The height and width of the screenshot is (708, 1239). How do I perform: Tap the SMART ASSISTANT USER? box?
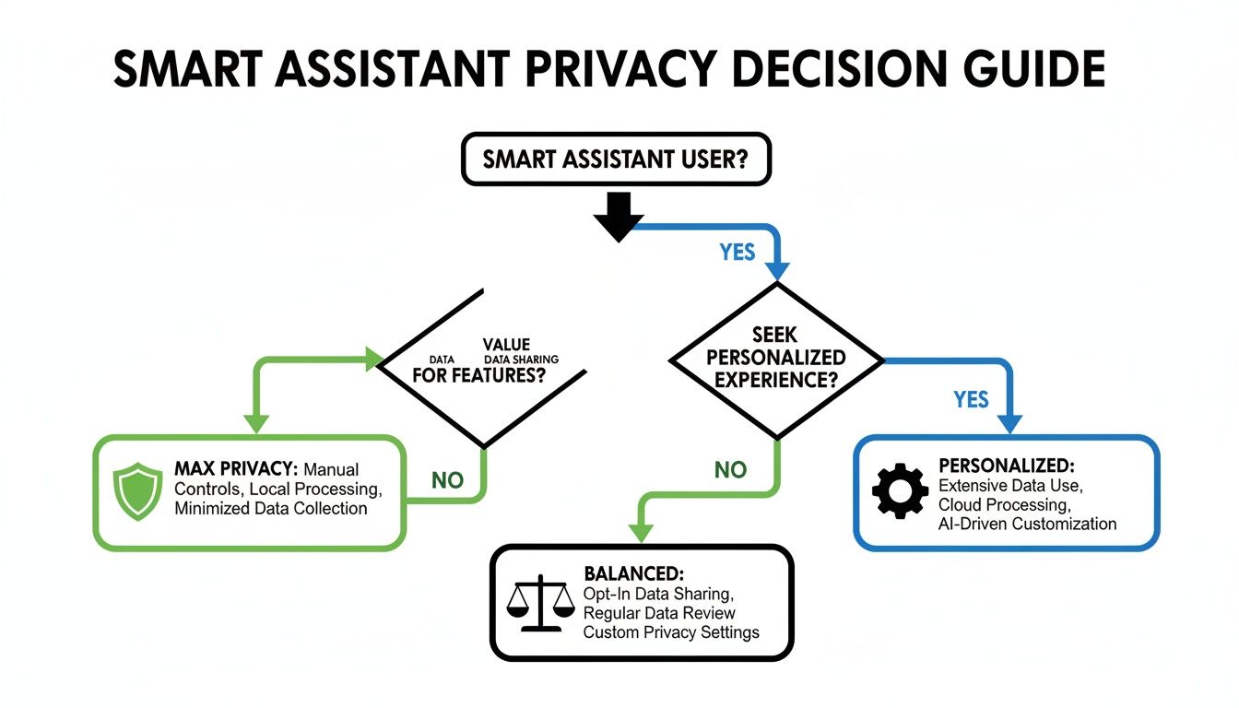point(615,159)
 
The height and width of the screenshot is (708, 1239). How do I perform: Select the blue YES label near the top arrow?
point(737,252)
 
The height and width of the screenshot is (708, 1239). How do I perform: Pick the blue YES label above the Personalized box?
point(971,399)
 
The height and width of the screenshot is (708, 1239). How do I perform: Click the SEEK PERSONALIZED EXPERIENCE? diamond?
point(776,357)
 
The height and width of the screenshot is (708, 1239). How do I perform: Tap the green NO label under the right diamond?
point(730,470)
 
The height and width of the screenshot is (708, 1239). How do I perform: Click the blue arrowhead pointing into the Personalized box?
point(1011,424)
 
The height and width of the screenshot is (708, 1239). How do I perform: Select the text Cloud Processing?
point(1003,504)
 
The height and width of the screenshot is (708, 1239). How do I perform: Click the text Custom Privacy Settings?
point(671,632)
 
